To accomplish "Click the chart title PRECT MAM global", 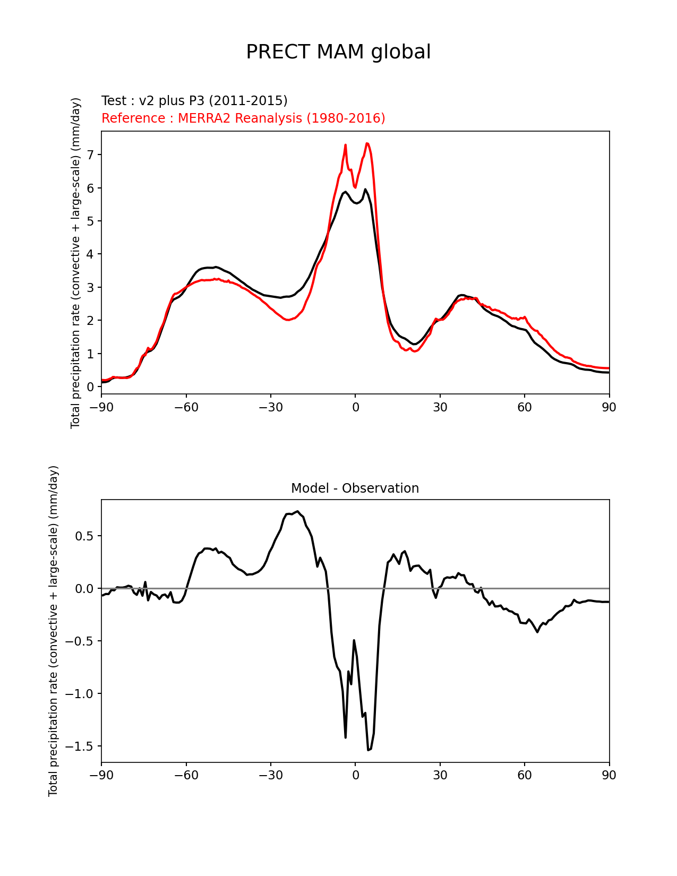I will [338, 52].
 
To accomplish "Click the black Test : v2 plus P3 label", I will [194, 101].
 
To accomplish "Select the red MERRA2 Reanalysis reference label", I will [243, 118].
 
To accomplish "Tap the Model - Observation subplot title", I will [355, 488].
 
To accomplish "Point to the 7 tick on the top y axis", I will [90, 154].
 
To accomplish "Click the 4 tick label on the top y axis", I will [90, 254].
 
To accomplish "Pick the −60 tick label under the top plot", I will [186, 407].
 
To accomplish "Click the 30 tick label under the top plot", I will [440, 407].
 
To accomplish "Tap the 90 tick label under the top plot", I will [609, 407].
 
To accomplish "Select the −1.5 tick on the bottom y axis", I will [80, 746].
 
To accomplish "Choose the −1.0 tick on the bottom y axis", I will [80, 694].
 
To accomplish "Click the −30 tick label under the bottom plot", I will [270, 776].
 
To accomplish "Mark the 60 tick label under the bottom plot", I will [524, 776].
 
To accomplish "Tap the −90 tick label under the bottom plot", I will [101, 776].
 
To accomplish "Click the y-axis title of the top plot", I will [76, 263].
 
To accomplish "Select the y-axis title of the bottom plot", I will [53, 631].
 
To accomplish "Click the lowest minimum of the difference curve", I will [368, 750].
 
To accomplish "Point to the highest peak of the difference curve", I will [298, 511].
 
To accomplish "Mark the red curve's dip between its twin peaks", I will [355, 187].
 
